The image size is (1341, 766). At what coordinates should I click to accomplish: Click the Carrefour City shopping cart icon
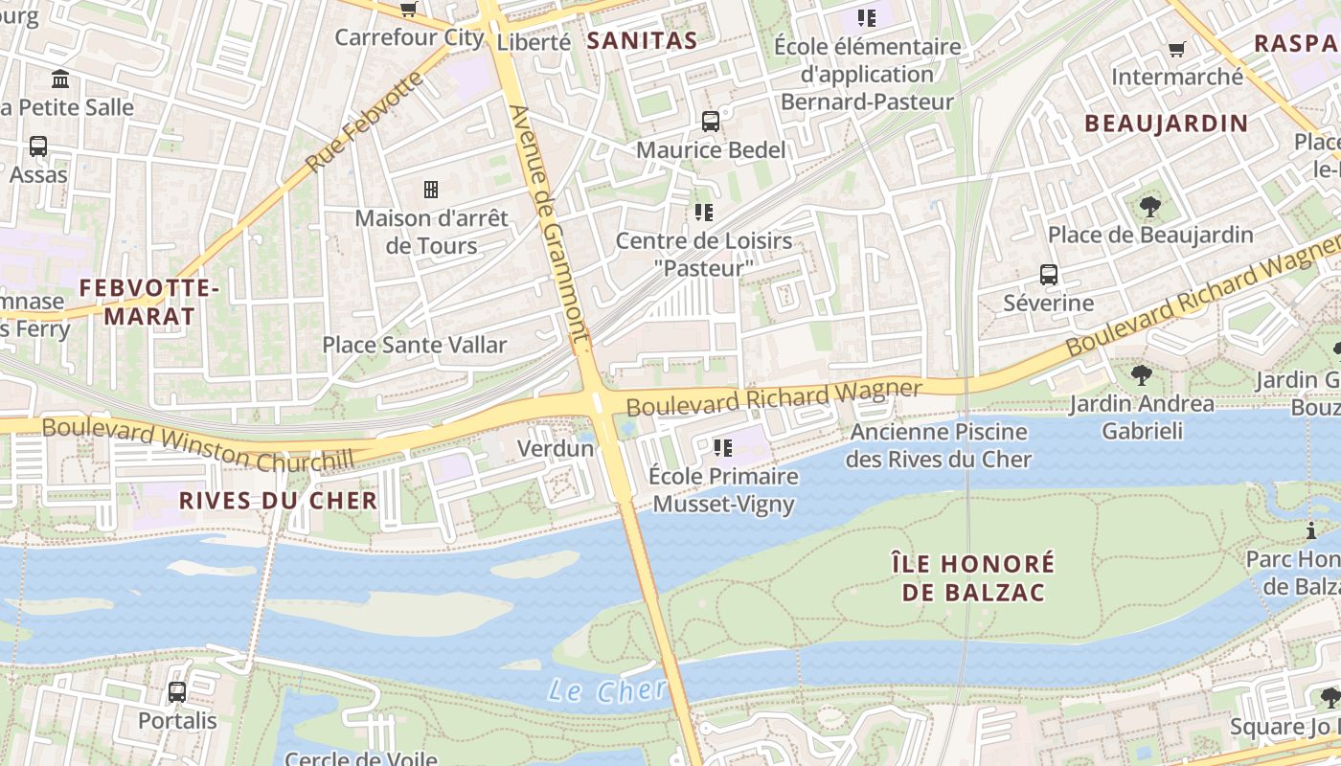point(408,10)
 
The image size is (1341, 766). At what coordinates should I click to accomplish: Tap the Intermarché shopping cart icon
point(1176,49)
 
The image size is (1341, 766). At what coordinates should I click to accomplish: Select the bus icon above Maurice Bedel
point(710,122)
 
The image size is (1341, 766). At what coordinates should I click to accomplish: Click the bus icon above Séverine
point(1049,275)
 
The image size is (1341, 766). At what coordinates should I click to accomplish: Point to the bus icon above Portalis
point(177,691)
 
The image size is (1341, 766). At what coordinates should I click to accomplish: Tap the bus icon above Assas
point(38,146)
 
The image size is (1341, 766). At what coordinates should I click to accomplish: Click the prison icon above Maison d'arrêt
point(431,190)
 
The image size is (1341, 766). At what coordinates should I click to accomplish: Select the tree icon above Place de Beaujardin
point(1149,206)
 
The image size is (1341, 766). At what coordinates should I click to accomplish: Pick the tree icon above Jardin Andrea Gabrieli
point(1141,374)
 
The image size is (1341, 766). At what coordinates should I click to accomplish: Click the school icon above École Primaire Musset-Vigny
point(722,447)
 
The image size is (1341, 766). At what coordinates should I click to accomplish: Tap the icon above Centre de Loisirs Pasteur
point(704,212)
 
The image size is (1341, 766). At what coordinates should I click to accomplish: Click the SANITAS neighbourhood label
point(641,40)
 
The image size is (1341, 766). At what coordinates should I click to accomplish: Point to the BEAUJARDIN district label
point(1166,123)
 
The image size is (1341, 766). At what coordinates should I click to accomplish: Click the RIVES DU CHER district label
point(278,500)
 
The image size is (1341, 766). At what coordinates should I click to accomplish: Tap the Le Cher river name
point(607,690)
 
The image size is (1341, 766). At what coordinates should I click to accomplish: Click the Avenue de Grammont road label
point(548,225)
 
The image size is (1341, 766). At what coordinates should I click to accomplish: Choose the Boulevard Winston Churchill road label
point(197,444)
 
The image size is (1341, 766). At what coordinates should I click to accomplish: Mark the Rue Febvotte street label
point(364,122)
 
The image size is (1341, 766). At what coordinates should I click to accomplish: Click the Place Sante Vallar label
point(414,345)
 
